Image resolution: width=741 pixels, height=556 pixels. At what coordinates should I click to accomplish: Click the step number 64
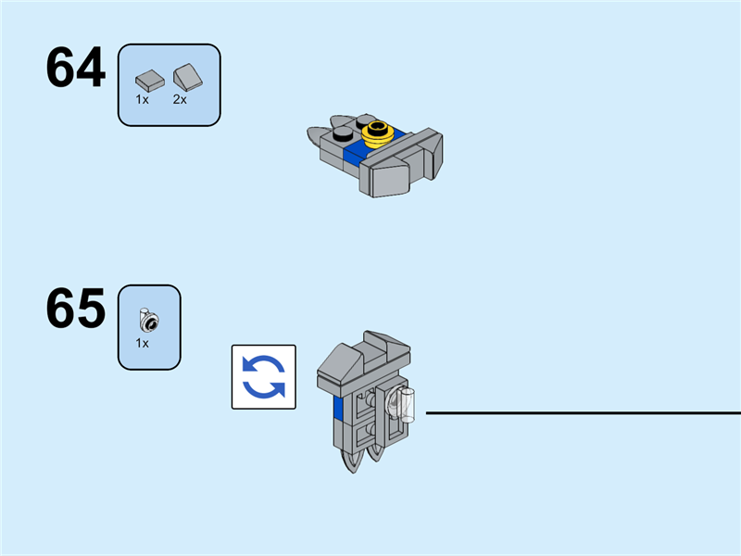pyautogui.click(x=76, y=68)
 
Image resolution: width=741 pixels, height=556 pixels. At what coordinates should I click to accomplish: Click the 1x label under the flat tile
pyautogui.click(x=143, y=98)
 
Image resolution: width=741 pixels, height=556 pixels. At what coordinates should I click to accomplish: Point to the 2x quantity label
pyautogui.click(x=180, y=98)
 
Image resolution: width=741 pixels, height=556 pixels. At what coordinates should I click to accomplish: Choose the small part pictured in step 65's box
pyautogui.click(x=147, y=320)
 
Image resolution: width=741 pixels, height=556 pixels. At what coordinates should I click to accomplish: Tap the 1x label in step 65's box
pyautogui.click(x=143, y=342)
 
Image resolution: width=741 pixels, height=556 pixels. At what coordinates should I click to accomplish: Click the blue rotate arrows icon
pyautogui.click(x=264, y=377)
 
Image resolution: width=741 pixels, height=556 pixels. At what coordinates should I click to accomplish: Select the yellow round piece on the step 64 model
pyautogui.click(x=379, y=133)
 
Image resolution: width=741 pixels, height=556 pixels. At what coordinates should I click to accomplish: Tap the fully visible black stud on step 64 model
pyautogui.click(x=343, y=133)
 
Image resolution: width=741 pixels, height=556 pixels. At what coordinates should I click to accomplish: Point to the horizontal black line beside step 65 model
pyautogui.click(x=584, y=412)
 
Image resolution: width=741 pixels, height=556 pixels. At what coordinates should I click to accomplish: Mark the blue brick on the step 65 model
pyautogui.click(x=339, y=412)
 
